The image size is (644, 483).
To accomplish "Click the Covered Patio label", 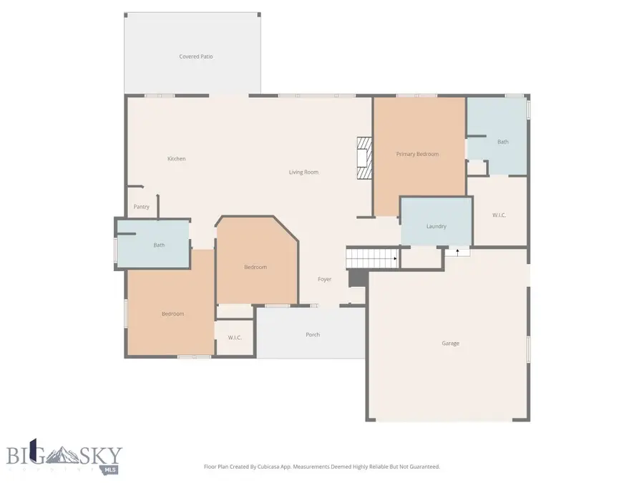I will point(195,57).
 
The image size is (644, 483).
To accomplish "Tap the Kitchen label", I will point(177,159).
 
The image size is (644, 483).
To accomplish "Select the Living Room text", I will point(303,172).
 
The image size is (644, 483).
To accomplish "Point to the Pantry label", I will point(142,208).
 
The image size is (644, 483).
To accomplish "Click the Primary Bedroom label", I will point(417,154).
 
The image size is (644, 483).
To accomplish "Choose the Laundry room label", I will point(436,227).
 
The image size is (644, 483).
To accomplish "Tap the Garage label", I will point(450,343).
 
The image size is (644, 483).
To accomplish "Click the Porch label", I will point(313,335).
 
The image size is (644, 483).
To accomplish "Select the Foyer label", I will point(324,279).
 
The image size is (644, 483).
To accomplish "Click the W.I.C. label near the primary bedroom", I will point(499,215).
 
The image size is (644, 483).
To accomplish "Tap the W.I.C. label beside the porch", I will point(234,338).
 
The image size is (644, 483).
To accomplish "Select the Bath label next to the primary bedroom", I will point(503,142).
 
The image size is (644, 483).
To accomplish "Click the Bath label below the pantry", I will point(159,245).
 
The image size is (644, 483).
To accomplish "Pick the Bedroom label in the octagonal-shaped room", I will point(255,268).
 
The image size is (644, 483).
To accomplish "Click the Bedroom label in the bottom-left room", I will point(172,314).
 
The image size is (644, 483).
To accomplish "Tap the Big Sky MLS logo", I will point(64,457).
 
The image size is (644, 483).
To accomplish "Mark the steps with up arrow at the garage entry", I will point(457,251).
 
